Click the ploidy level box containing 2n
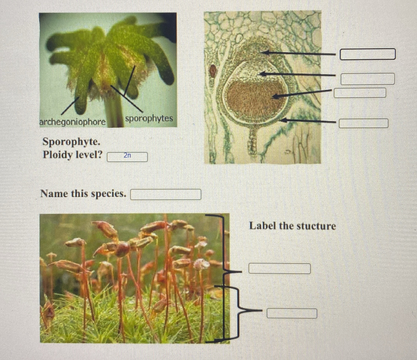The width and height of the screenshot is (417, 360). (x=127, y=157)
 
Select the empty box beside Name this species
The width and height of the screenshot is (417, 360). (x=166, y=195)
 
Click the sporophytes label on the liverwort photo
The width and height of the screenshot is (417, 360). (x=149, y=119)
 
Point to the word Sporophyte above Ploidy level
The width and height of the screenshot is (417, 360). (x=71, y=142)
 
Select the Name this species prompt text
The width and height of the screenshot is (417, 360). (x=83, y=194)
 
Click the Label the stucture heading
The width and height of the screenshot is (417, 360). (x=293, y=226)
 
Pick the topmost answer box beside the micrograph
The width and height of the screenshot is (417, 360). (x=367, y=54)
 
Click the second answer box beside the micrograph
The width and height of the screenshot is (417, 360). (x=367, y=79)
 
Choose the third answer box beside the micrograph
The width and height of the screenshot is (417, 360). (x=359, y=93)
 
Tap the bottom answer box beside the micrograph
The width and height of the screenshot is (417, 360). (x=363, y=123)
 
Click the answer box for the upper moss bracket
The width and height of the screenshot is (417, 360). (x=279, y=268)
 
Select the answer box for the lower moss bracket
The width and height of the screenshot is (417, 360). (x=292, y=313)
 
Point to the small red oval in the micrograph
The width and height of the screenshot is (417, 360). (x=213, y=70)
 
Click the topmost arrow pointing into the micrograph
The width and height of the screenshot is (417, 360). (x=299, y=53)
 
